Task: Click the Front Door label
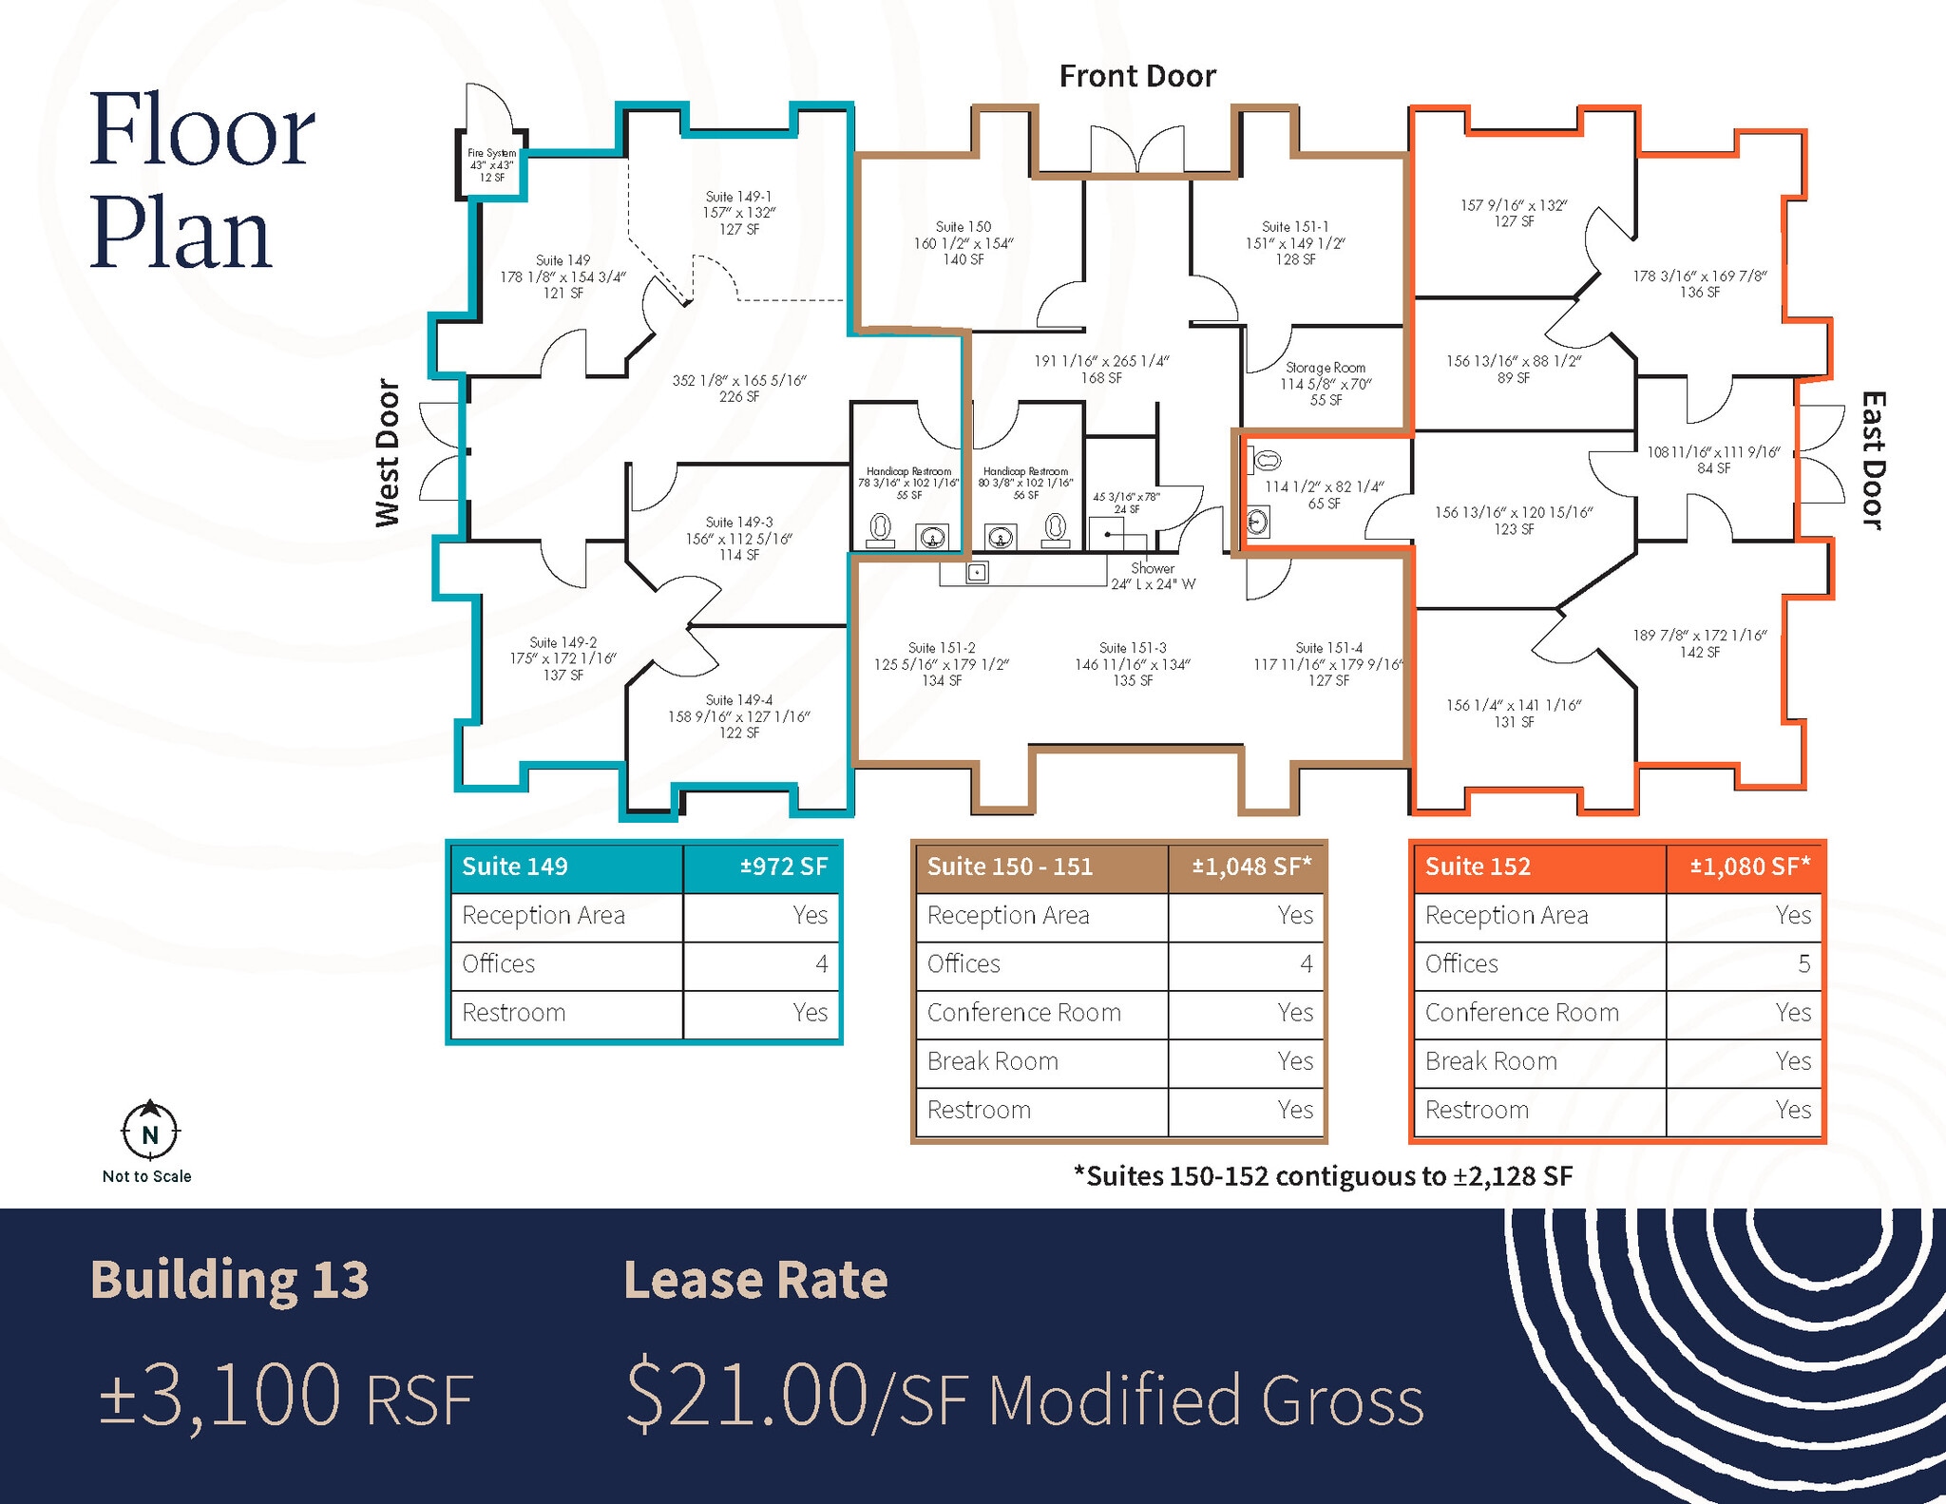[x=1137, y=76]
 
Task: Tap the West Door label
[x=388, y=453]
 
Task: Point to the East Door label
[x=1872, y=460]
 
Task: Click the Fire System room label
[x=491, y=164]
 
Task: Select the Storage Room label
[x=1326, y=368]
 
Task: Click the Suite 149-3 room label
[x=739, y=523]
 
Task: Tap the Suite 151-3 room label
[x=1133, y=648]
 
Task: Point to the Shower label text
[x=1153, y=568]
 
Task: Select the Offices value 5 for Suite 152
[x=1803, y=963]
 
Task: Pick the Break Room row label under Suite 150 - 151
[x=993, y=1061]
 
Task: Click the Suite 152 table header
[x=1479, y=866]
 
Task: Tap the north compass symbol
[x=149, y=1131]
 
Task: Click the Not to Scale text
[x=147, y=1176]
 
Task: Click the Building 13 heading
[x=230, y=1280]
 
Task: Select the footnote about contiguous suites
[x=1324, y=1176]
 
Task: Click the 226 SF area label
[x=738, y=397]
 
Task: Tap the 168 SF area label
[x=1101, y=378]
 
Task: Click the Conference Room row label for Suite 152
[x=1521, y=1013]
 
